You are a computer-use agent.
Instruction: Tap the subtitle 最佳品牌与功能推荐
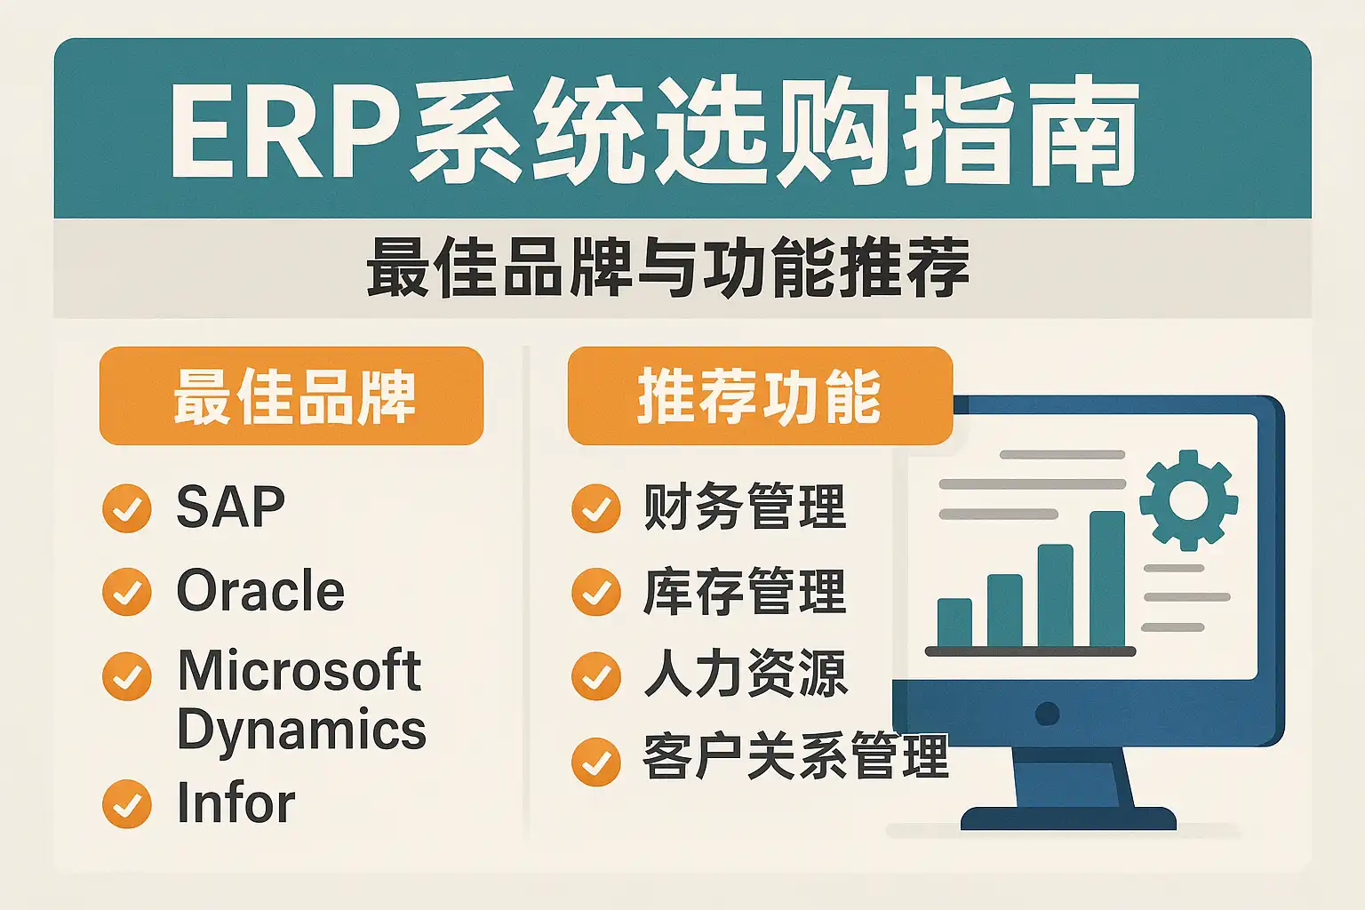point(668,267)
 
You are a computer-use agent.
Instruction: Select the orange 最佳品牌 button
point(291,395)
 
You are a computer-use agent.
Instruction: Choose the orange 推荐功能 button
point(760,395)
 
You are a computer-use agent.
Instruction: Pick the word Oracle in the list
point(260,590)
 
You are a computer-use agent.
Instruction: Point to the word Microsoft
point(299,670)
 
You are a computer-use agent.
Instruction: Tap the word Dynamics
point(301,730)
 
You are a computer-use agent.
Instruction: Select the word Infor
point(236,802)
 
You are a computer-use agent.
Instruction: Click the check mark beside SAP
point(127,508)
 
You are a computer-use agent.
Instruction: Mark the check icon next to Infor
point(127,804)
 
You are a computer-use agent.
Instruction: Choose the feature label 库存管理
point(745,590)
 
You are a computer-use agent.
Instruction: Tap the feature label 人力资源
point(746,674)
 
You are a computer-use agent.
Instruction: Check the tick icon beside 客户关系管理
point(596,762)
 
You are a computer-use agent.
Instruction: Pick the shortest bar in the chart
point(955,622)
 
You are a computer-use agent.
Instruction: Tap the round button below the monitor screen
point(1047,714)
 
